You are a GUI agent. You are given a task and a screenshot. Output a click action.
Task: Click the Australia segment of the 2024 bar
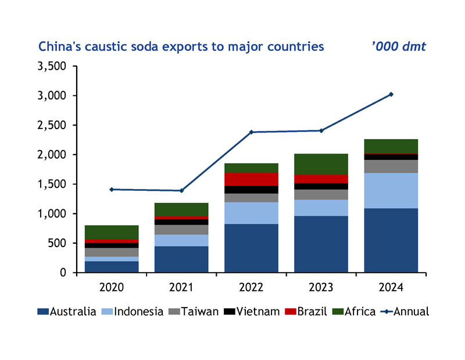click(391, 240)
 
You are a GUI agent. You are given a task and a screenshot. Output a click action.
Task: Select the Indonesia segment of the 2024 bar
click(391, 190)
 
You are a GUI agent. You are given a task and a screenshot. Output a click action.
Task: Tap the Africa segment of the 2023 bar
click(321, 164)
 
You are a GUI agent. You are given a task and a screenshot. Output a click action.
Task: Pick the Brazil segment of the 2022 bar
click(251, 179)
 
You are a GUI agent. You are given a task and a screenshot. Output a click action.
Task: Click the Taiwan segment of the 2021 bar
click(181, 230)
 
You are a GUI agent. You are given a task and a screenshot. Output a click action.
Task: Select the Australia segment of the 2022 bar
click(251, 248)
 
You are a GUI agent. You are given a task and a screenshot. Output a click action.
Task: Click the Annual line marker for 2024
click(391, 94)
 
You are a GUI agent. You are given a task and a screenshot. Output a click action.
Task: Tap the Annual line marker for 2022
click(251, 132)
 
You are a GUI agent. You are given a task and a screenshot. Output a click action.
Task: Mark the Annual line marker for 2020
click(112, 189)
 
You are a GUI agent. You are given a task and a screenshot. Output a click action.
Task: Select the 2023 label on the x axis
click(321, 286)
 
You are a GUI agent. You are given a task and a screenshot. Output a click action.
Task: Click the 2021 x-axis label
click(181, 286)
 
